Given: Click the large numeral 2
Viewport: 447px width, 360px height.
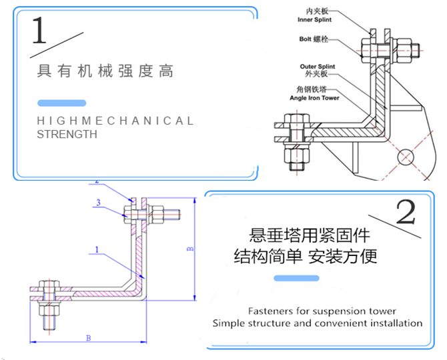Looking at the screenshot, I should click(x=406, y=211).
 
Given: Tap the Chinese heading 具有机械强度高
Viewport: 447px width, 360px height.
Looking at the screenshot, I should click(x=105, y=71).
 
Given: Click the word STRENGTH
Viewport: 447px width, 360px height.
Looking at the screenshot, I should click(x=67, y=134).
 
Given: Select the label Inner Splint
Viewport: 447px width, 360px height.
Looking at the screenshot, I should click(x=315, y=20).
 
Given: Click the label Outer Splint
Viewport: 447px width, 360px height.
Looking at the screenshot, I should click(x=318, y=67).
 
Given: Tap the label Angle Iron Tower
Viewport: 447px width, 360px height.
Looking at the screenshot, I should click(x=314, y=97).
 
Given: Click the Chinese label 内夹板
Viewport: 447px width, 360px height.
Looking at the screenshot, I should click(x=315, y=11).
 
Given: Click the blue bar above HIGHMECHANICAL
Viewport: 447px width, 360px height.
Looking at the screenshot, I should click(x=61, y=103).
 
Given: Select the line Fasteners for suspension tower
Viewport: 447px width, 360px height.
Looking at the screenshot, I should click(x=322, y=311).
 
